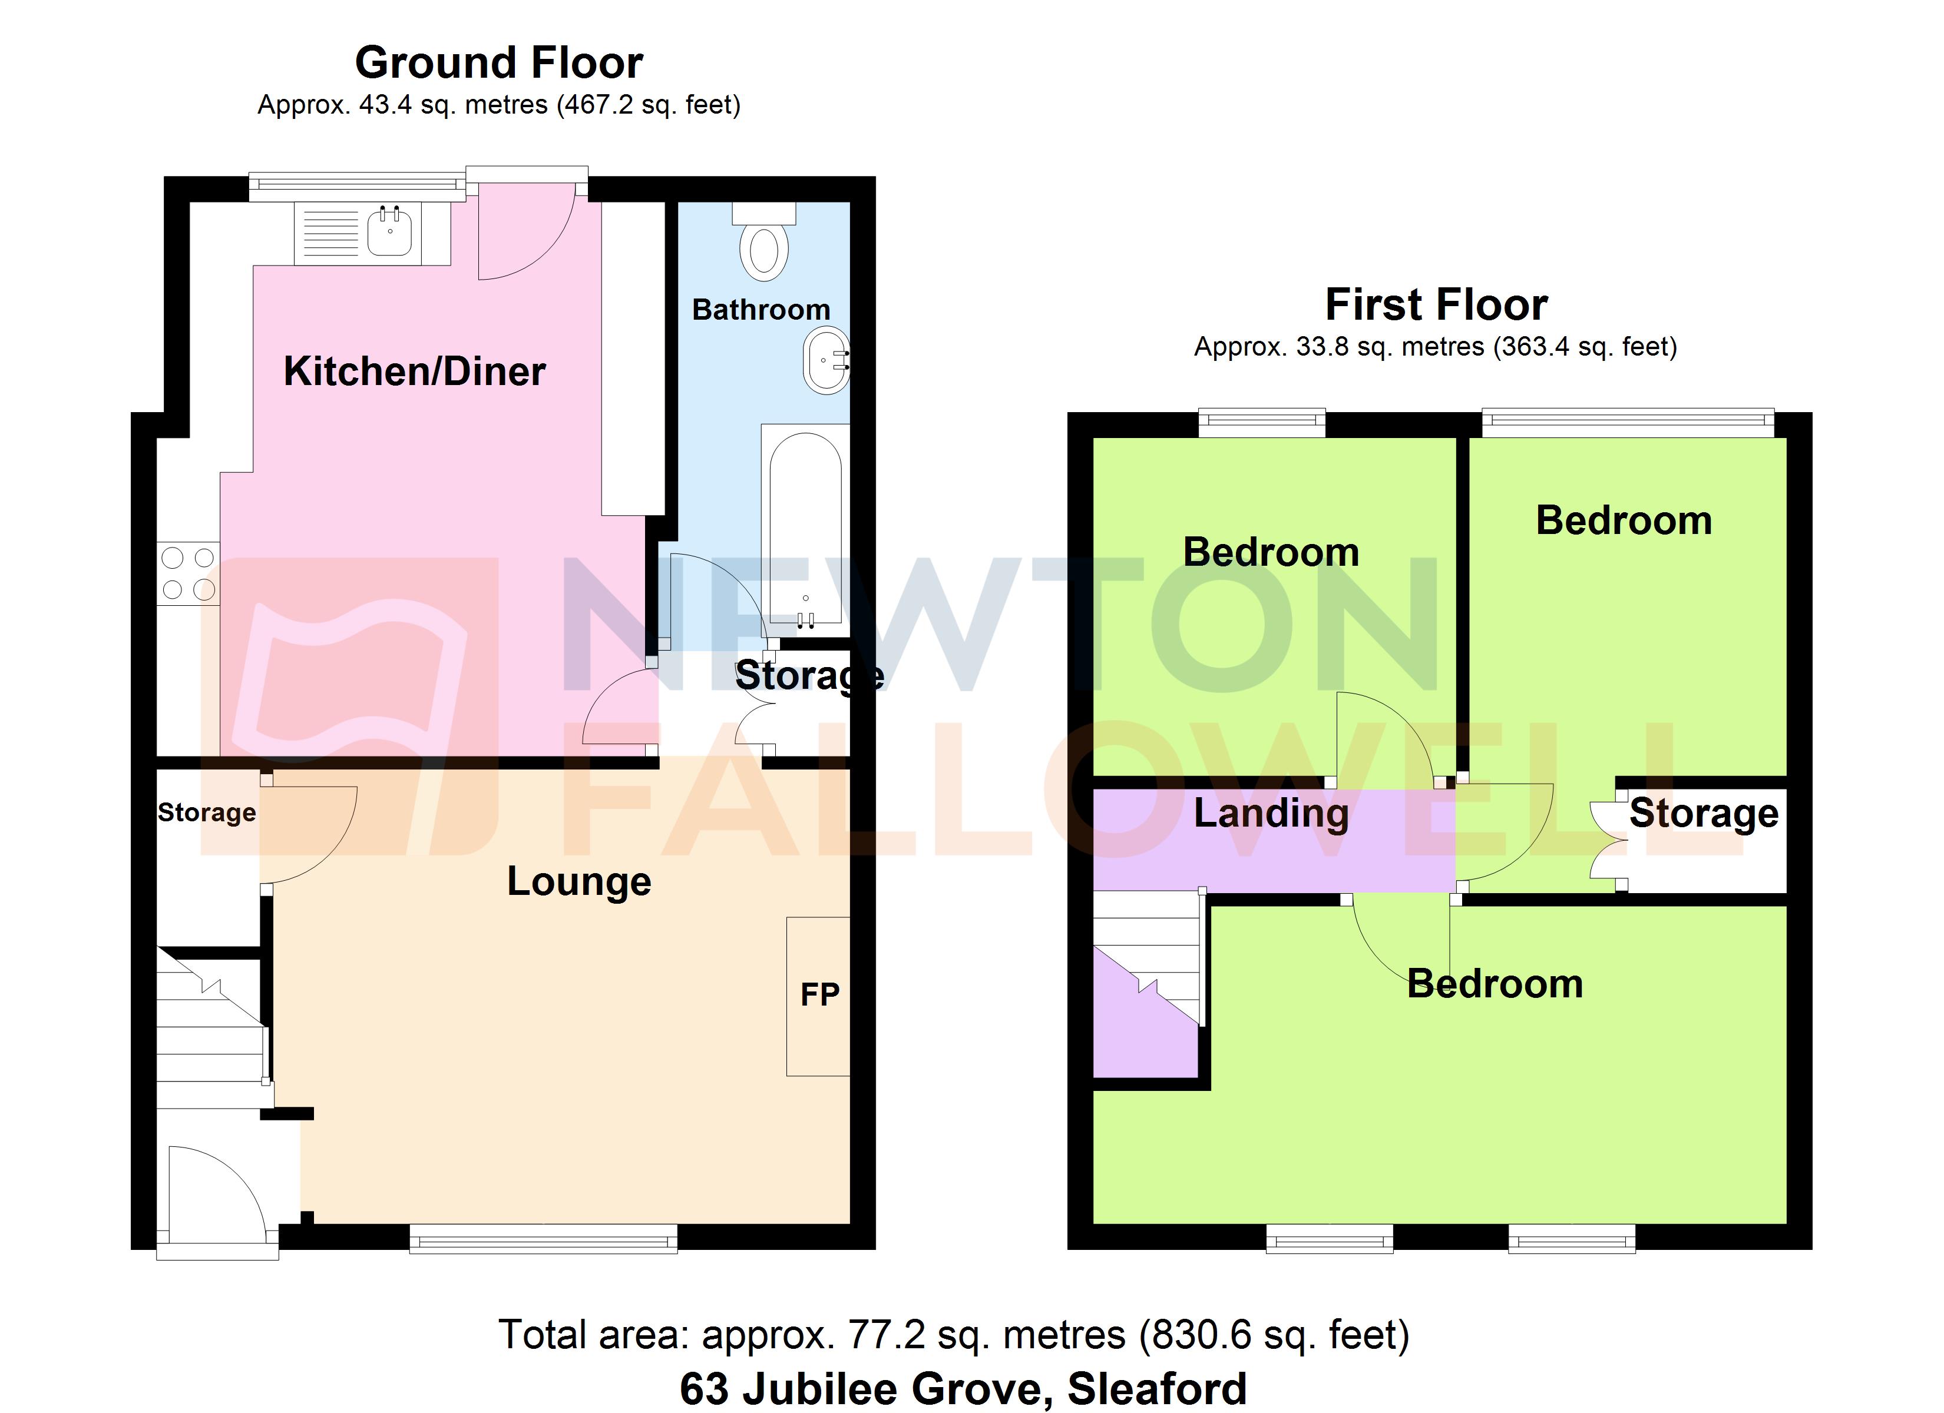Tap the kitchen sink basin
[x=390, y=232]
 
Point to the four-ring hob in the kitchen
[x=188, y=573]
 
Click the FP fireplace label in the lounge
[x=819, y=995]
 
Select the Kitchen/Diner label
[x=414, y=371]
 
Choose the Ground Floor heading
[x=499, y=62]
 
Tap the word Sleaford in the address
[x=1156, y=1389]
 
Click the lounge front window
[x=543, y=1238]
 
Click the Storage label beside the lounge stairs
[x=207, y=812]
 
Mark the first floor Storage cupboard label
[x=1703, y=812]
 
